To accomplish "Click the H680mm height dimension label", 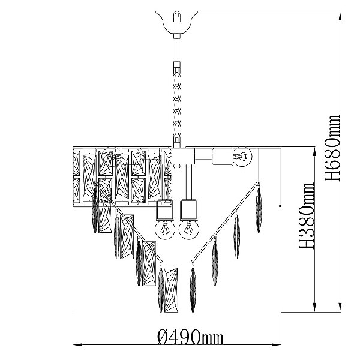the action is click(x=332, y=148).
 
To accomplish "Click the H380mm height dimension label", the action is click(x=306, y=216).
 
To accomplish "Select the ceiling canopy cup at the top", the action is click(x=176, y=22).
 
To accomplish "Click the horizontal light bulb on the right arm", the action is click(x=242, y=157).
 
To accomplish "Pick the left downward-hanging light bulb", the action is click(x=165, y=229).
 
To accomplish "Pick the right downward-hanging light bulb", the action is click(x=189, y=229).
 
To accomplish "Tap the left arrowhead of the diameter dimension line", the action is click(x=77, y=344).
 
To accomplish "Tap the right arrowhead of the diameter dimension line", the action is click(x=277, y=344).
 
